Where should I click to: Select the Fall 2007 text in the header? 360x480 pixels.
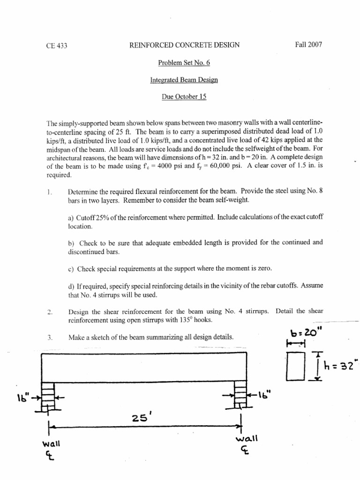308,45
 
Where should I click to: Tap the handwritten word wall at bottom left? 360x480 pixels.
49,444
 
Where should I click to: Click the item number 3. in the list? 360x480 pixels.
50,337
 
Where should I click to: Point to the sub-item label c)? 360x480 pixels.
71,269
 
